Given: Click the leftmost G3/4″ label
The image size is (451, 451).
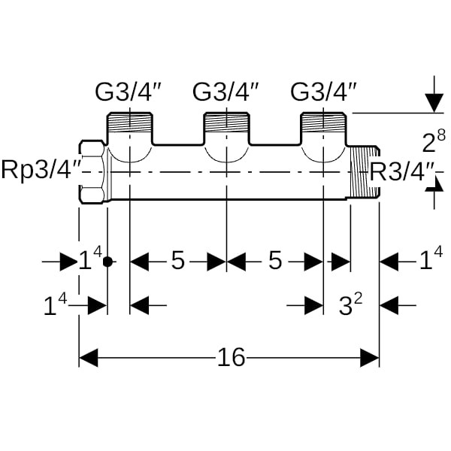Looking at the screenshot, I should point(129,93).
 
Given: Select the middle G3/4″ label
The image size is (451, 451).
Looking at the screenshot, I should point(226,93).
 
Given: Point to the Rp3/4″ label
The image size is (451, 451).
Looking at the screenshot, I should point(41,170).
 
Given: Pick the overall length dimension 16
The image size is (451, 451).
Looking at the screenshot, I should point(232,358).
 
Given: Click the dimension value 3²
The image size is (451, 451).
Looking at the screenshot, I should point(350,305).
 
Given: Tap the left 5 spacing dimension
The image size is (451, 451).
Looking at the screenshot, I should point(177,262).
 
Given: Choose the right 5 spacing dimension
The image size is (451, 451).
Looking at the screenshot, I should point(275,262).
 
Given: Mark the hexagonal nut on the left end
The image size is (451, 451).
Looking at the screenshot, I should point(93,172).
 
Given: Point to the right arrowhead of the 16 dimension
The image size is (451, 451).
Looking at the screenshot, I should point(370,358).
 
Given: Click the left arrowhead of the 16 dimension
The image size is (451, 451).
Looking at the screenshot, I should point(89,358).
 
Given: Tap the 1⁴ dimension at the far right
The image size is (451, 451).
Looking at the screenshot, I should point(431,262).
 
